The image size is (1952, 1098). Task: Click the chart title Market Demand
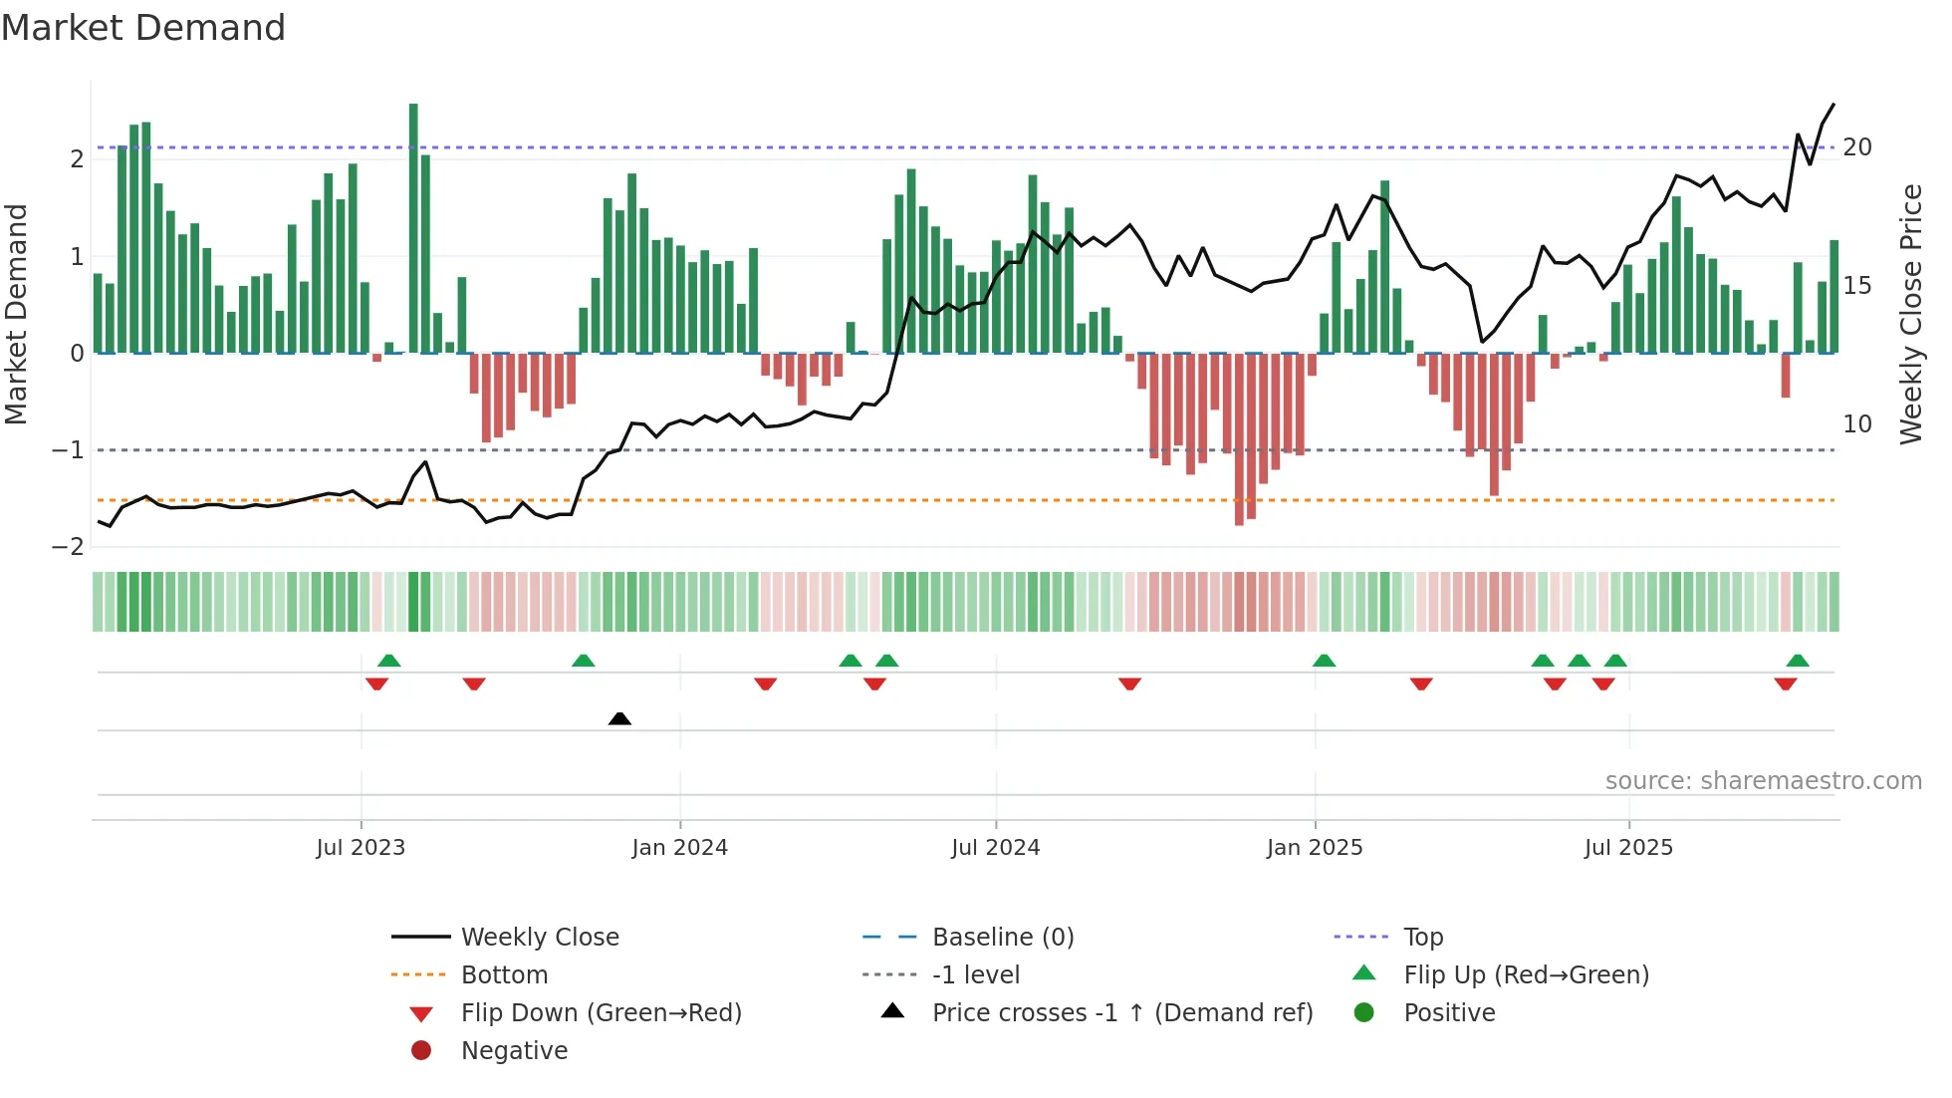pos(143,28)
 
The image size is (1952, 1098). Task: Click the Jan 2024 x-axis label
pos(679,848)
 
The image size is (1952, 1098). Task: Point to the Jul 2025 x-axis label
pos(1628,848)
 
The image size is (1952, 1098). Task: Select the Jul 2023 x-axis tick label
pos(361,848)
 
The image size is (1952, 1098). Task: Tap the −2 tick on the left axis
pos(69,547)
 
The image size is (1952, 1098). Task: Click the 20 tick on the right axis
pos(1856,147)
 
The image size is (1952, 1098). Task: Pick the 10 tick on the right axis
pos(1856,424)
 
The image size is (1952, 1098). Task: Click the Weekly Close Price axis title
pos(1910,314)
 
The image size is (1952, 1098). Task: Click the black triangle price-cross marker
pos(619,718)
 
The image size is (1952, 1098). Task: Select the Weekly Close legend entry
pos(539,938)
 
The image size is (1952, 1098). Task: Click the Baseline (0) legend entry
pos(1002,938)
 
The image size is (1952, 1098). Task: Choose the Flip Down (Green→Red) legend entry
pos(601,1013)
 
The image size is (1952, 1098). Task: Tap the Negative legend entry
pos(514,1051)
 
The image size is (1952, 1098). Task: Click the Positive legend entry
pos(1449,1013)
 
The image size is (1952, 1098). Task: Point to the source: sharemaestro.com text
pos(1763,781)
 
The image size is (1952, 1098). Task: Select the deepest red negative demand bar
pos(1239,438)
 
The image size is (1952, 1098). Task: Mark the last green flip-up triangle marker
pos(1798,661)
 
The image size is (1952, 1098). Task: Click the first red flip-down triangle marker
pos(376,684)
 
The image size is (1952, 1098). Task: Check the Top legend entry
pos(1422,938)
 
